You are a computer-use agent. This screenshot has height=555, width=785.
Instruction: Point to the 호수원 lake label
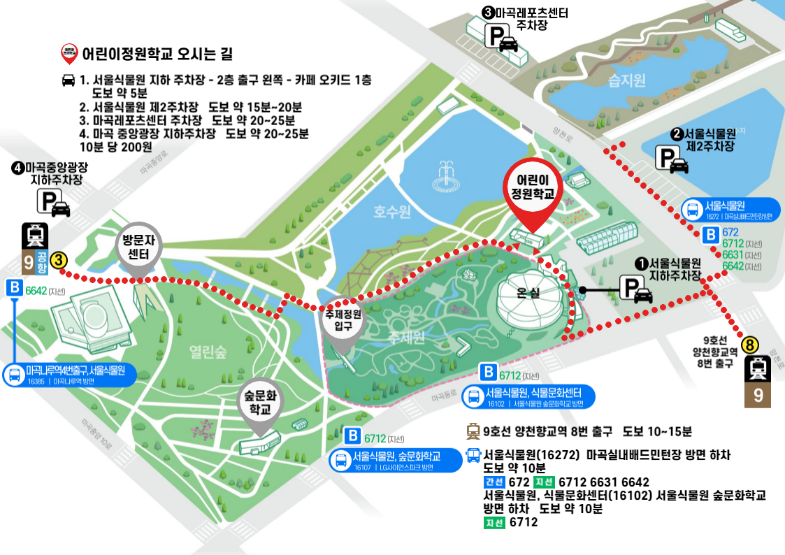pyautogui.click(x=391, y=210)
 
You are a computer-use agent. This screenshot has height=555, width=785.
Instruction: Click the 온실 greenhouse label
pyautogui.click(x=529, y=294)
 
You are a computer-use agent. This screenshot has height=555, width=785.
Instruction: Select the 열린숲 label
pyautogui.click(x=208, y=352)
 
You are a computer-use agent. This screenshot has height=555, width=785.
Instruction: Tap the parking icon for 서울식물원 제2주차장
pyautogui.click(x=671, y=160)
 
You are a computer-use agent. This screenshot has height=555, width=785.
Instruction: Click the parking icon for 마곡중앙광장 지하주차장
pyautogui.click(x=53, y=203)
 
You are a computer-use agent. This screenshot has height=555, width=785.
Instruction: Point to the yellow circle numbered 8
pyautogui.click(x=749, y=345)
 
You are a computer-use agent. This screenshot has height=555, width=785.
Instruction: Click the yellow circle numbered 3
pyautogui.click(x=59, y=259)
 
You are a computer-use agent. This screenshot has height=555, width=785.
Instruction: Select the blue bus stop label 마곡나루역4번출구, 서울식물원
pyautogui.click(x=69, y=375)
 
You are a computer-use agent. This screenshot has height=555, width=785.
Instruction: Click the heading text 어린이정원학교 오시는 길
pyautogui.click(x=157, y=52)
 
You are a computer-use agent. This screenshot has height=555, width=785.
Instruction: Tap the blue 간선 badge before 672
pyautogui.click(x=494, y=482)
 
